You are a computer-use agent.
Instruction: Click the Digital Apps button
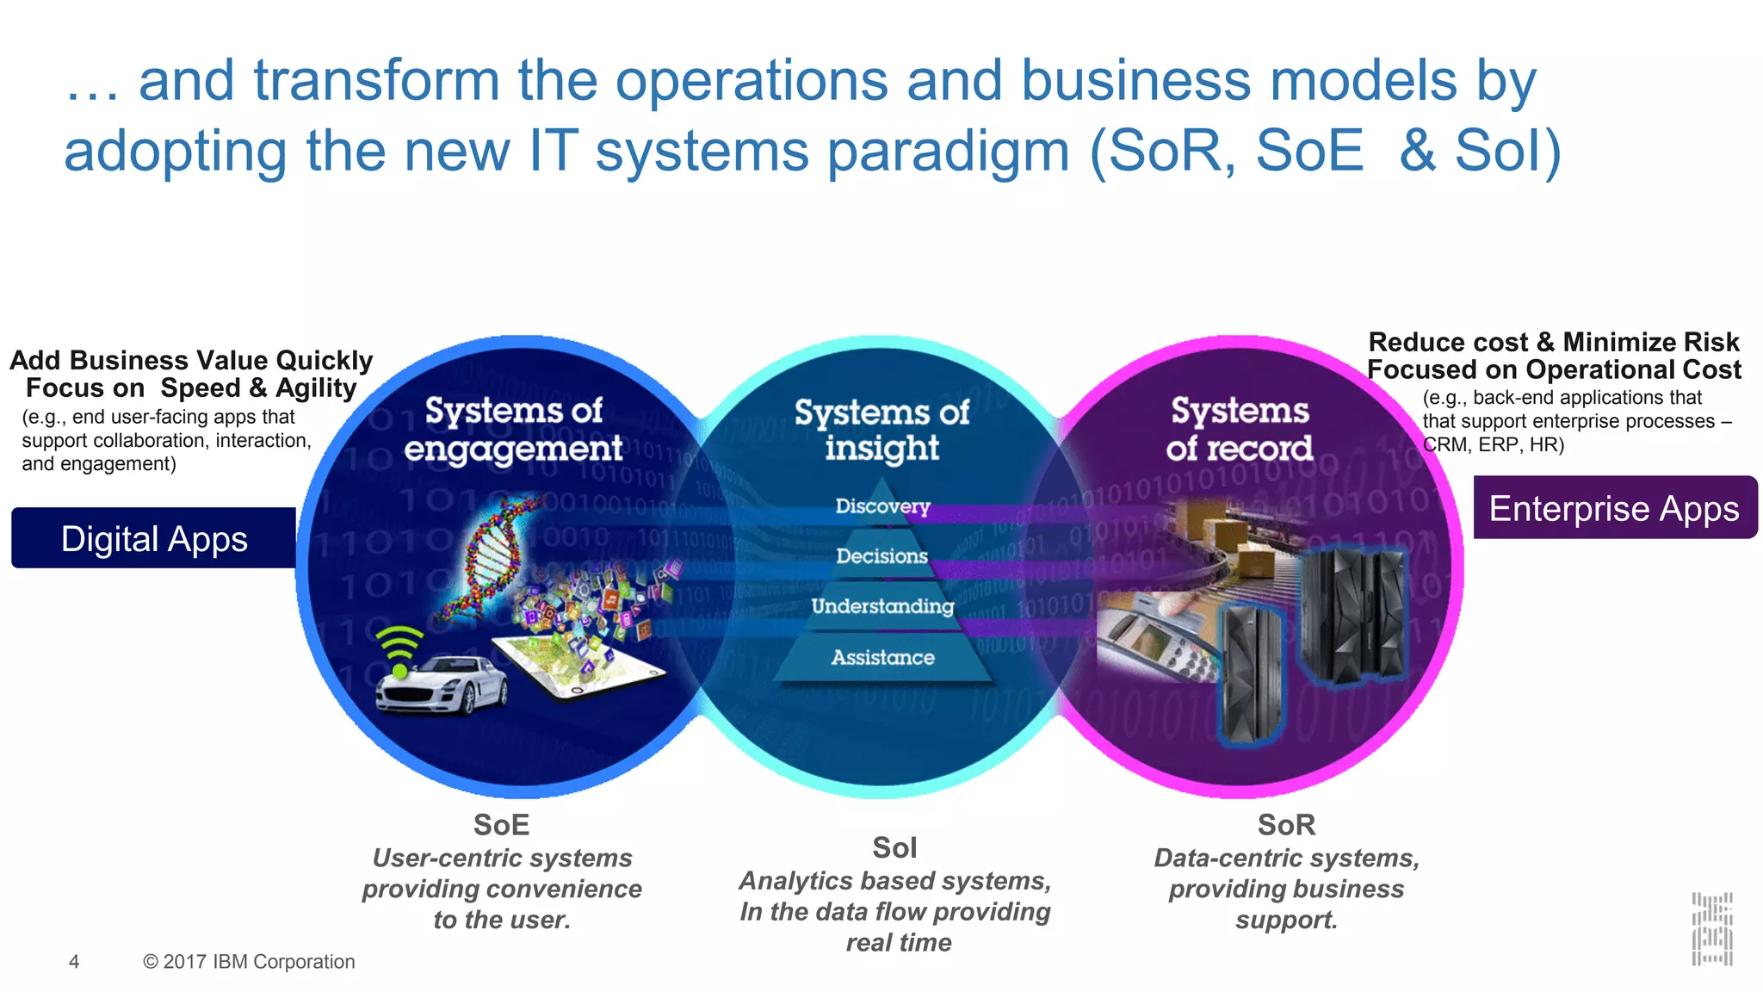[153, 539]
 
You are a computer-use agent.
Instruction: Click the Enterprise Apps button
[1614, 508]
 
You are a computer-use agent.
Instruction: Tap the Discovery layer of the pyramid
[882, 505]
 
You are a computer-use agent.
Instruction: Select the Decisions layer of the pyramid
[882, 556]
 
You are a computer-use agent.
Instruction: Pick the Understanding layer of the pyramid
[882, 606]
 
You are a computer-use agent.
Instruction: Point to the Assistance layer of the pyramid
[882, 658]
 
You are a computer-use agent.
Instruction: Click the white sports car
[442, 685]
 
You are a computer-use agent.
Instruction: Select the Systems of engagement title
[514, 430]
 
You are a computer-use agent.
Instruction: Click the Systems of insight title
[881, 430]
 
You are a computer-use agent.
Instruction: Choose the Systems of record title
[1240, 430]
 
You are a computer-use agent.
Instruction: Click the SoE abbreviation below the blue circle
[501, 825]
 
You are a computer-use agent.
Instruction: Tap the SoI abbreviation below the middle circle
[894, 848]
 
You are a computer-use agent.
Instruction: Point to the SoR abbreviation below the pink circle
[1286, 825]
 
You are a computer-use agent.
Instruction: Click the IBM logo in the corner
[1711, 929]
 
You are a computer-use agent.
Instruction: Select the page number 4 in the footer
[74, 962]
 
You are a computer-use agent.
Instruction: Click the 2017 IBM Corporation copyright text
[249, 962]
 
